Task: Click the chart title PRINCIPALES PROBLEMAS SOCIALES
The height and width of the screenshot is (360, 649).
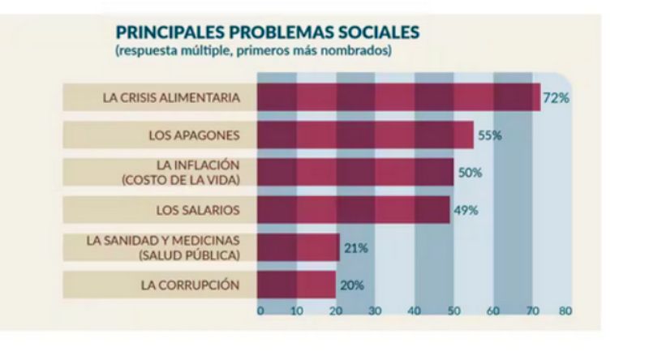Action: point(268,32)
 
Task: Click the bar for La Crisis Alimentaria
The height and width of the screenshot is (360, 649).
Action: point(398,97)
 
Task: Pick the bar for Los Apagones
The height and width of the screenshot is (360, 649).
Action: point(365,135)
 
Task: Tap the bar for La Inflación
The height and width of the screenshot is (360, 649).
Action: point(355,172)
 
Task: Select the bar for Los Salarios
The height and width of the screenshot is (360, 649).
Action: point(353,210)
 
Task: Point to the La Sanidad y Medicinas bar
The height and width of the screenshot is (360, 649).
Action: point(298,247)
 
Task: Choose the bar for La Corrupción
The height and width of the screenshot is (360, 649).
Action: point(296,285)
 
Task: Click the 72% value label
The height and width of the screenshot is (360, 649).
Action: point(557,98)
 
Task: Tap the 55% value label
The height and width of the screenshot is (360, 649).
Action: point(490,135)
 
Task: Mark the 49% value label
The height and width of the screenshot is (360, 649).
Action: point(466,210)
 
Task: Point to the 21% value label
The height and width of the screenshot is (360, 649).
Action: point(355,247)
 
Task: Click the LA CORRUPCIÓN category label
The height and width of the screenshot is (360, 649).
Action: point(190,285)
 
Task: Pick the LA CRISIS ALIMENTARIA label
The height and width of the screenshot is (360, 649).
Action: point(171,98)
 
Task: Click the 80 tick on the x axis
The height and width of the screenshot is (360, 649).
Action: point(565,311)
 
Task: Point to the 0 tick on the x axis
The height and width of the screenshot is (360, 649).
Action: point(260,311)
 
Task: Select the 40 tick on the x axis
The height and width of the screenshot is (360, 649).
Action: point(414,311)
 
